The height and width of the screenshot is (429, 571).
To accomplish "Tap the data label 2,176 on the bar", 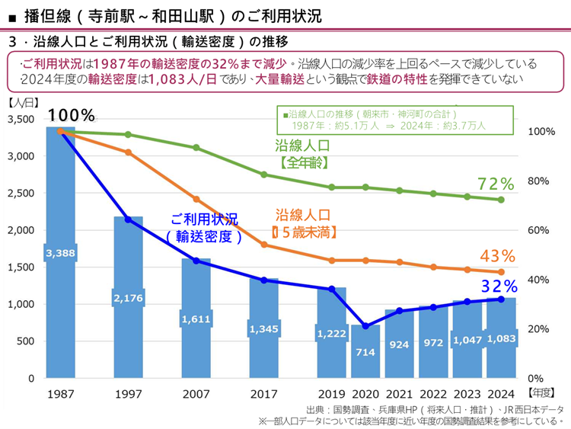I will coord(128,298).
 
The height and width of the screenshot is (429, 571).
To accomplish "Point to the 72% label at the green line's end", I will coord(496,184).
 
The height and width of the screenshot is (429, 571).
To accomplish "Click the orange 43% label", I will coord(498,255).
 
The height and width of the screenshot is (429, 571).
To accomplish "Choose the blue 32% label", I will coord(499,286).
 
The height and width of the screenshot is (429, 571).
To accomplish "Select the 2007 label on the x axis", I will coord(196,394).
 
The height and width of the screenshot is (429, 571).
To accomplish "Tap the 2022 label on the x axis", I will coord(433,394).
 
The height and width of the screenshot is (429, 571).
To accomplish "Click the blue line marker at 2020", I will coord(365,326).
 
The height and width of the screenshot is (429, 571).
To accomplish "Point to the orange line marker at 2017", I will coord(264,245).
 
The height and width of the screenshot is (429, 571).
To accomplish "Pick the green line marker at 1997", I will coord(128,135).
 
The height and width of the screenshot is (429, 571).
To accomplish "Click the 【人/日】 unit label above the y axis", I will coord(22,101).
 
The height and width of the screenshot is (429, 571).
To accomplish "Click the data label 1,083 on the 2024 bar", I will coord(501,338).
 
